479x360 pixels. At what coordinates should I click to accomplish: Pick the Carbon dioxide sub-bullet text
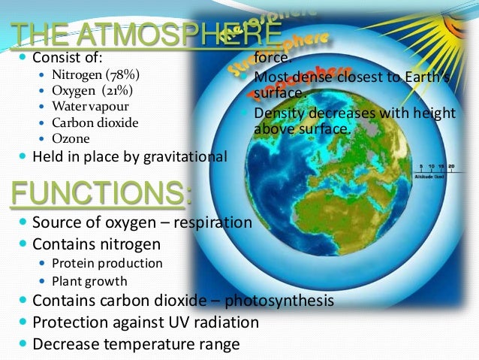pyautogui.click(x=95, y=123)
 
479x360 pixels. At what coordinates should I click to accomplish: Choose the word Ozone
pyautogui.click(x=71, y=138)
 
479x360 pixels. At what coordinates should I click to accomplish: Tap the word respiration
pyautogui.click(x=208, y=222)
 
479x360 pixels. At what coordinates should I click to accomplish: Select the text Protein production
pyautogui.click(x=107, y=263)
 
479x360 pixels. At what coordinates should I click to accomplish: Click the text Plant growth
pyautogui.click(x=89, y=281)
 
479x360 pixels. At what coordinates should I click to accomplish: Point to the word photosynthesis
pyautogui.click(x=281, y=301)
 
